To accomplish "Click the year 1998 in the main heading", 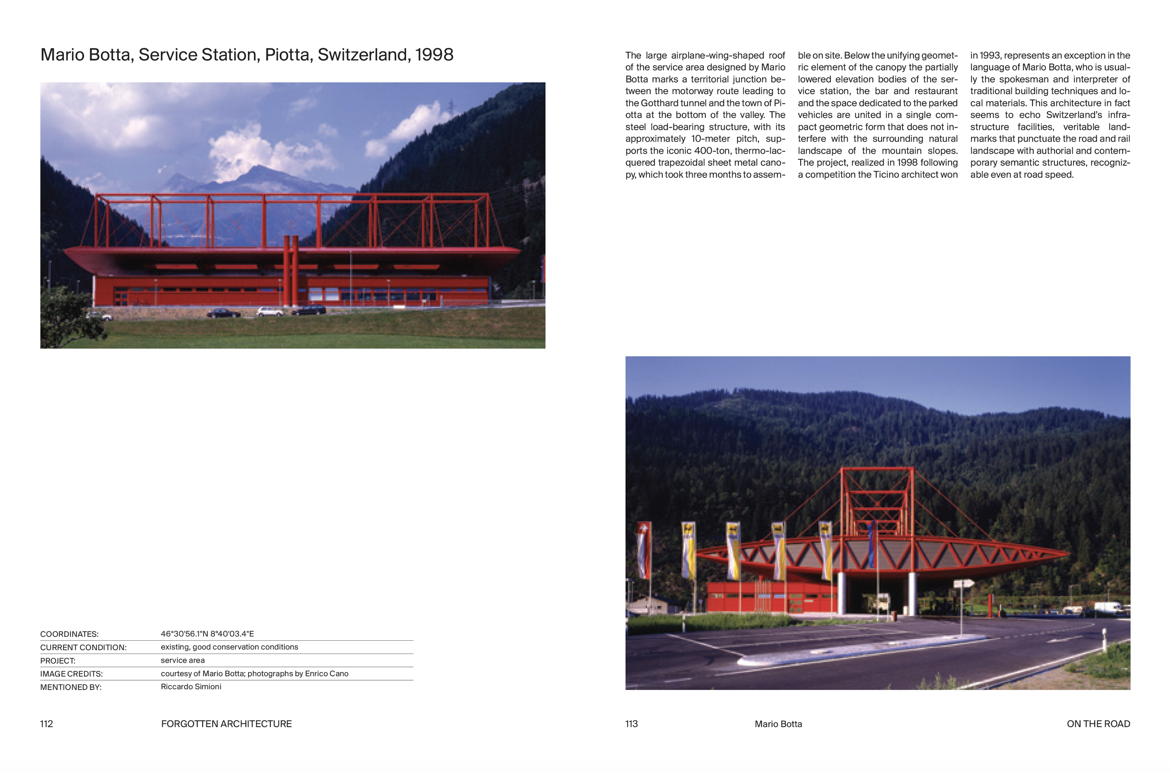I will (434, 55).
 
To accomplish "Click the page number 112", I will (46, 724).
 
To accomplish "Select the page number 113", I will (631, 724).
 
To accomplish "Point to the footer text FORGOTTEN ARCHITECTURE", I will (226, 724).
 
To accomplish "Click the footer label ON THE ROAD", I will (1098, 724).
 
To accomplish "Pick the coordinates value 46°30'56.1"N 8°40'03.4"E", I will (207, 634).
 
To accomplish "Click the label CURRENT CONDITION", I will (83, 648).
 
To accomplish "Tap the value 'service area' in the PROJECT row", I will (183, 660).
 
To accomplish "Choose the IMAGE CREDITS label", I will (71, 674).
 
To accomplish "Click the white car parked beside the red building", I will (270, 312).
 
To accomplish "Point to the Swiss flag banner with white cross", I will (644, 549).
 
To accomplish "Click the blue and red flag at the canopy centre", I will (871, 544).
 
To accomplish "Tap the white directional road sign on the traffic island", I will (963, 584).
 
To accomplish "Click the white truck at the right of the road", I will (1107, 608).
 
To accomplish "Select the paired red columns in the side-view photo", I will (291, 271).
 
